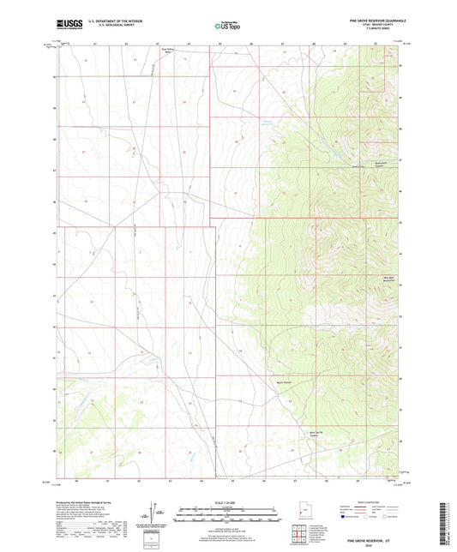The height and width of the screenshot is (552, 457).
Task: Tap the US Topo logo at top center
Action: [228, 26]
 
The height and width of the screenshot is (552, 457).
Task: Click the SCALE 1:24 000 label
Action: [228, 502]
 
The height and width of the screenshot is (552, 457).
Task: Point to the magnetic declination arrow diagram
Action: [153, 515]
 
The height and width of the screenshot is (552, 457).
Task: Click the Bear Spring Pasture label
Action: [316, 434]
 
